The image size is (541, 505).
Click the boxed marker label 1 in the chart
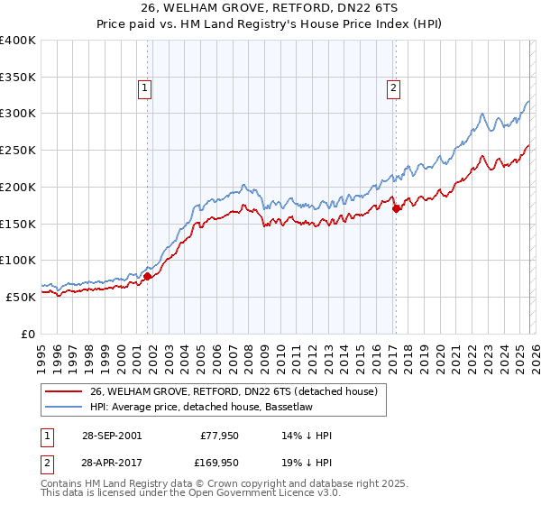[144, 87]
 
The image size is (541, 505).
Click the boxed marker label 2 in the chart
[394, 87]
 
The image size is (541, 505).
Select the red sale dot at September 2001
[148, 276]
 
